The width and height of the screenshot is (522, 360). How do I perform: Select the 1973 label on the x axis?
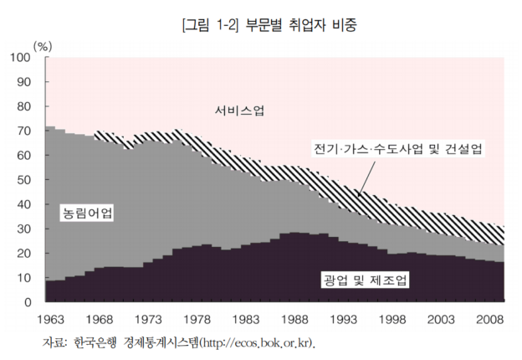[149, 319]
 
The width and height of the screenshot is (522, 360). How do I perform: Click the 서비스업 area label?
[239, 111]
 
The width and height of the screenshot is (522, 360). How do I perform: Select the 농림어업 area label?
[88, 213]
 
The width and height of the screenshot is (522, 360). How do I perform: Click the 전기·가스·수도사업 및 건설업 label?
[397, 148]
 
